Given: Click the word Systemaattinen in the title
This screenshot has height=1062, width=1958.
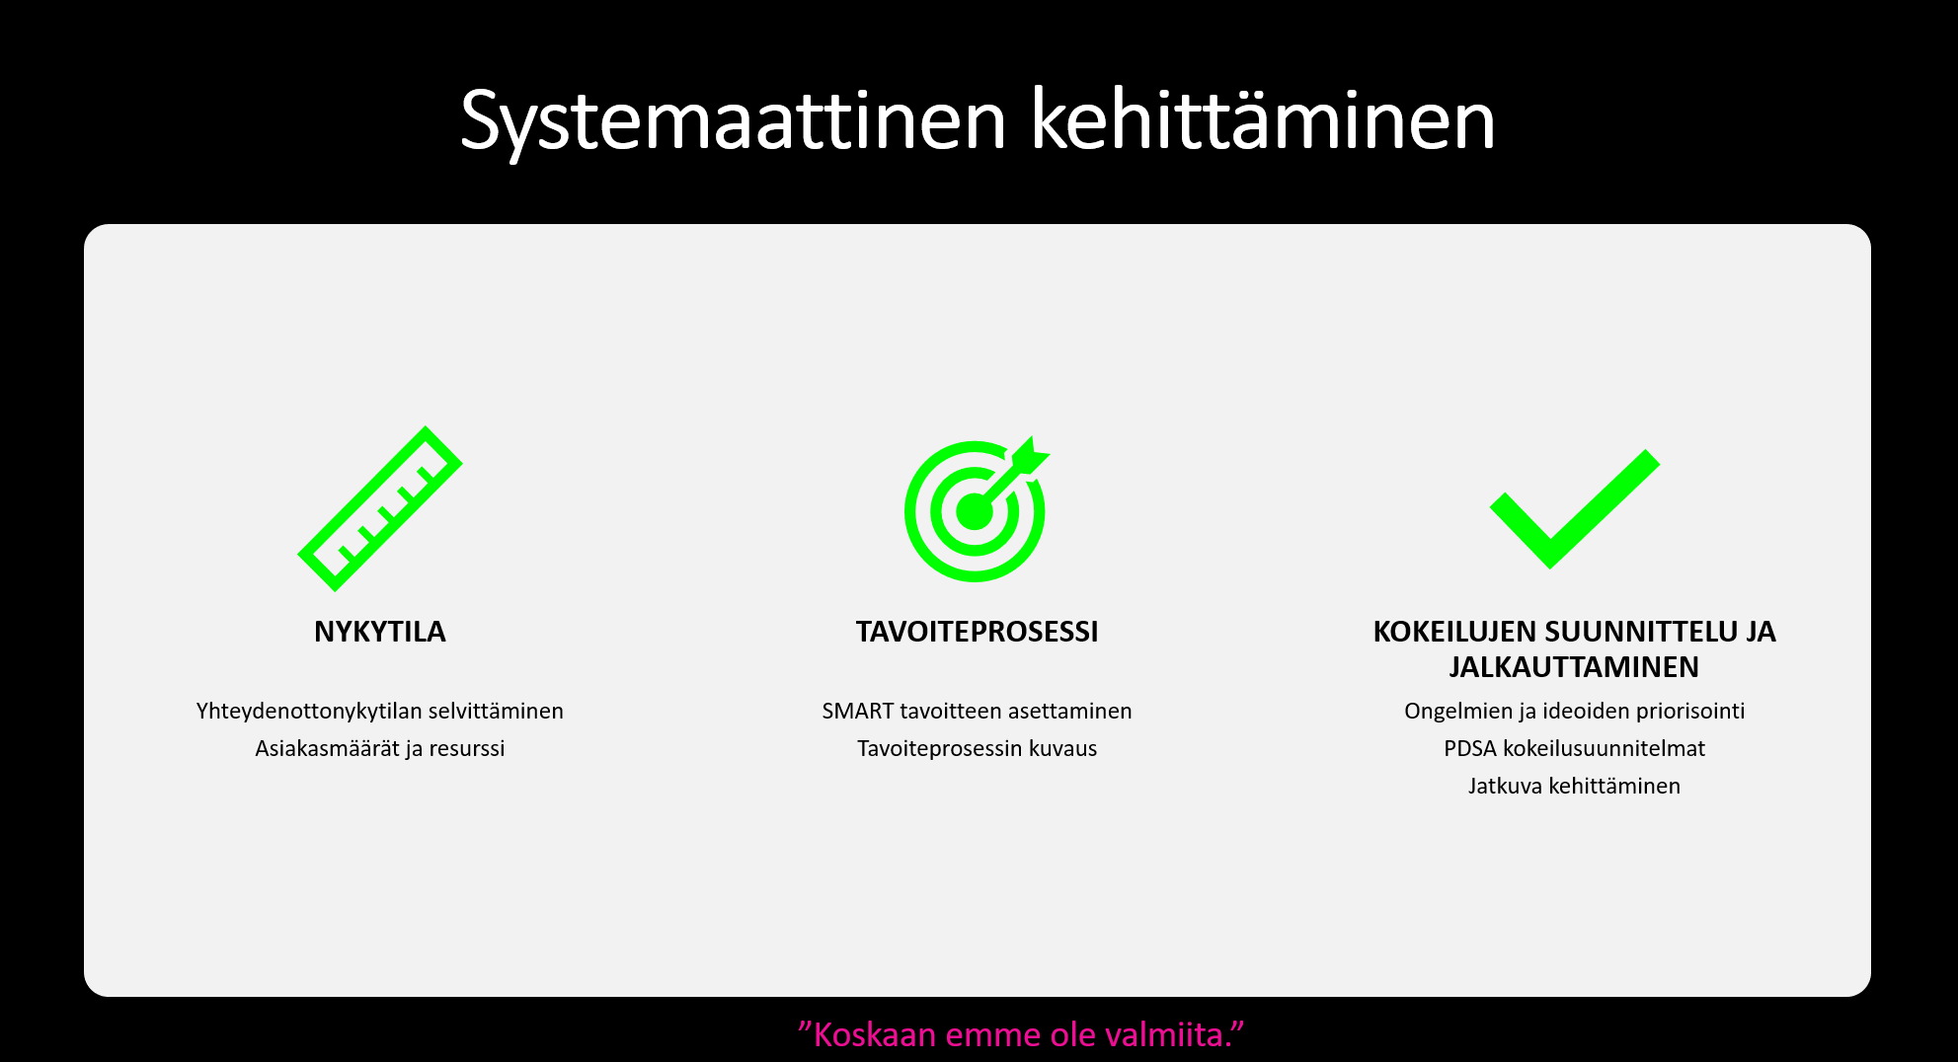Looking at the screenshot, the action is (x=733, y=121).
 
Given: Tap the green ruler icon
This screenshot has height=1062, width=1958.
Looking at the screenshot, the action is (x=380, y=508).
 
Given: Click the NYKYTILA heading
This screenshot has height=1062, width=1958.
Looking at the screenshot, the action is (x=380, y=632).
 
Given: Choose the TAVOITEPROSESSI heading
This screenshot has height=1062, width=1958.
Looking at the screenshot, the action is (x=977, y=632).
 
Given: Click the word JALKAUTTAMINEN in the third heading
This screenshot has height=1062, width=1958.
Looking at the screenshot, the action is (x=1574, y=667).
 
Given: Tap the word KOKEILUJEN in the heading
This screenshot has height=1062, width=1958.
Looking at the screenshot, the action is (x=1454, y=632).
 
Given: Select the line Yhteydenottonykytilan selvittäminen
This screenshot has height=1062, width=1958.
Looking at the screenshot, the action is (x=380, y=712).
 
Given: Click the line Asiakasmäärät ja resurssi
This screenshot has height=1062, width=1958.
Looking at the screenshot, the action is (x=380, y=749).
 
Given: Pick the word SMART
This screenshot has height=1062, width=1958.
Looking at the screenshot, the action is (x=858, y=712).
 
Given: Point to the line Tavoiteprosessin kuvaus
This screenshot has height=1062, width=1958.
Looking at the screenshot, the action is (x=977, y=749).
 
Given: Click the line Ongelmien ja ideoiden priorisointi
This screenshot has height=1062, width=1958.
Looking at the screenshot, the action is (x=1575, y=712).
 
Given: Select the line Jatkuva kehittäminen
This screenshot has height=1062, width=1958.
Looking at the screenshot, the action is (x=1574, y=787).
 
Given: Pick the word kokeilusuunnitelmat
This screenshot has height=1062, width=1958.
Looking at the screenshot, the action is (x=1604, y=749).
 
